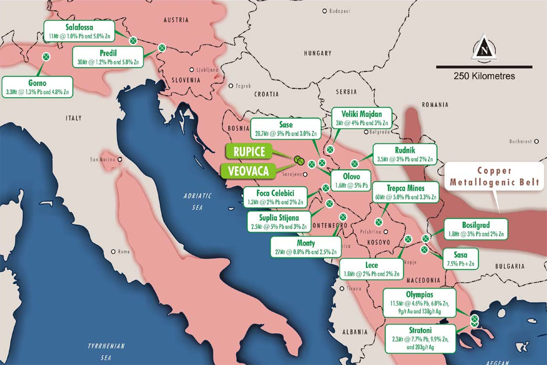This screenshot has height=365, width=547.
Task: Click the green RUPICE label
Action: pos(249,151)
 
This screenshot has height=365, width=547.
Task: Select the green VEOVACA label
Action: pos(248,171)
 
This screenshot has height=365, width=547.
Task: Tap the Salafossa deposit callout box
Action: pos(79,31)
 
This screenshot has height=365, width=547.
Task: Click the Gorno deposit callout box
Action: pos(37,87)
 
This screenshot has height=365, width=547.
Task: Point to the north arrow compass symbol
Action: pos(484,48)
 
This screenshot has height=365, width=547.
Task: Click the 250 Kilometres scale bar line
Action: pos(484,67)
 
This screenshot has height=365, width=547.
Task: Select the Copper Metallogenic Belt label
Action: pos(494,177)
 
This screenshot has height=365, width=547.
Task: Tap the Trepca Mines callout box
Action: pos(405,192)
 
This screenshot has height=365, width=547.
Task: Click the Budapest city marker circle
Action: pos(324,11)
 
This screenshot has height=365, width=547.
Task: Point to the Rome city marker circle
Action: pos(113,252)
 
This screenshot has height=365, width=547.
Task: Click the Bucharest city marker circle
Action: pos(536,141)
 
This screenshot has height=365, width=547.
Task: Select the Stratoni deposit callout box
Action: pos(420,338)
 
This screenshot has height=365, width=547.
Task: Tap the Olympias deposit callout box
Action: pos(419,303)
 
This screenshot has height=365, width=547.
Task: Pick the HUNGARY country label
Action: pos(318,53)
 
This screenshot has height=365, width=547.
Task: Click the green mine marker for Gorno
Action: pos(46,57)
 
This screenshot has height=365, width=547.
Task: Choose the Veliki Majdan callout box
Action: pos(361,118)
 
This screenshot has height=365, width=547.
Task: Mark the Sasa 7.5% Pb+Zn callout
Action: pos(460,259)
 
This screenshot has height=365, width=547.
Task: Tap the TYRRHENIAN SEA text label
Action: pos(106,352)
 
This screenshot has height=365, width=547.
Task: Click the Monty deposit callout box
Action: pos(306,247)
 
